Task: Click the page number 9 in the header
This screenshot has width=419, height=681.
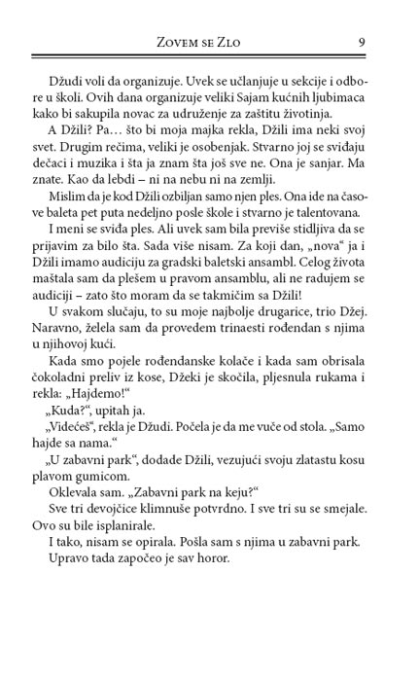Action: (361, 41)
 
